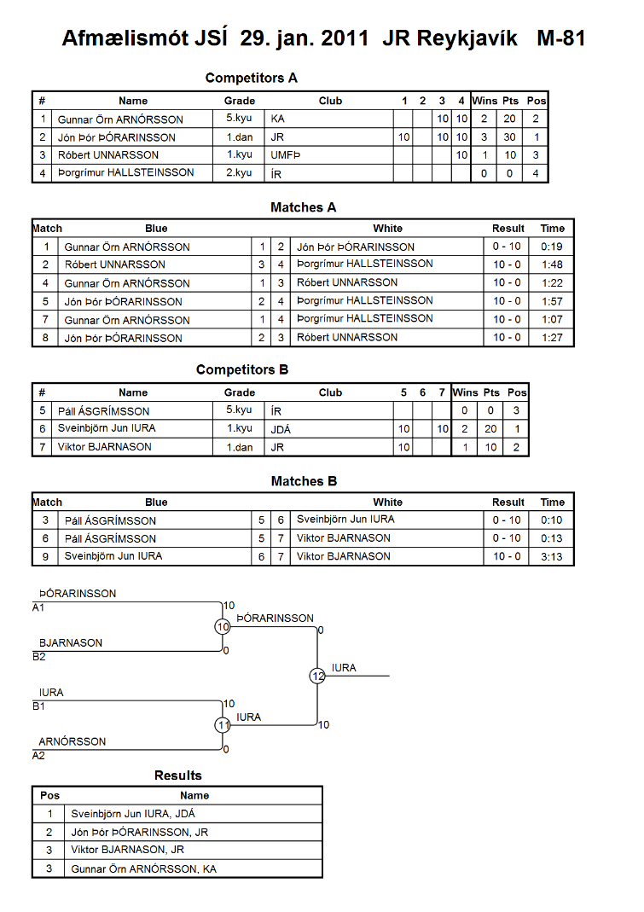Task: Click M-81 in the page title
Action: (560, 38)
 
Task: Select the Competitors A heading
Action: (252, 78)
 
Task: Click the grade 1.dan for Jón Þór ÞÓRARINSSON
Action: (240, 137)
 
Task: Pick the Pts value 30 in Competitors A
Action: (509, 137)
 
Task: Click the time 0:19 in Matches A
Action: (552, 247)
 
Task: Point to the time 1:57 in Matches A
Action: (552, 301)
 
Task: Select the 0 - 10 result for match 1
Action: (507, 247)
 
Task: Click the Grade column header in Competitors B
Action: (240, 392)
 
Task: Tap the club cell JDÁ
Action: (281, 429)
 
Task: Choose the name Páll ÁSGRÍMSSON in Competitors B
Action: (103, 411)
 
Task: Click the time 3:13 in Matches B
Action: (552, 556)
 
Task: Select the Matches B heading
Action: (305, 481)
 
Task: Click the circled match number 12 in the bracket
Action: (317, 676)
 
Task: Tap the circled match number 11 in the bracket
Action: (223, 725)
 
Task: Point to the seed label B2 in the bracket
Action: (39, 657)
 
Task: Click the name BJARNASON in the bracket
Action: (71, 642)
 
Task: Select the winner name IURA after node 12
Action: (344, 668)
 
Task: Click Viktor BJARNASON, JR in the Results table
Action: (127, 850)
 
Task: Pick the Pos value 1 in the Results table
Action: (50, 814)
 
